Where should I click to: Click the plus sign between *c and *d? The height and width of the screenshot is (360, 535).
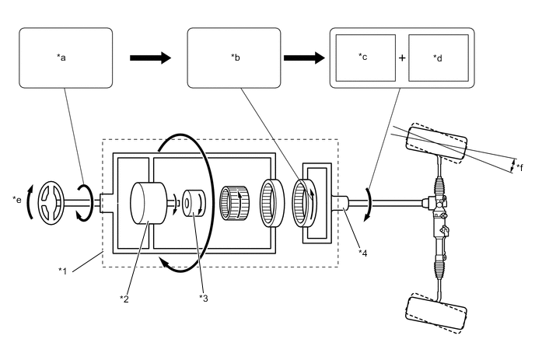(x=402, y=58)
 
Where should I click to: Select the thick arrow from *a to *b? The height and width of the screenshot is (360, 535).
(x=150, y=58)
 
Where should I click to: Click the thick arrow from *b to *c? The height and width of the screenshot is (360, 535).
(x=304, y=58)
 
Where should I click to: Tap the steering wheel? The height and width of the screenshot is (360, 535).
(x=51, y=203)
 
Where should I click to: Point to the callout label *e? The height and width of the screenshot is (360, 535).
(x=17, y=199)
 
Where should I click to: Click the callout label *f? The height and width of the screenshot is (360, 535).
(x=519, y=167)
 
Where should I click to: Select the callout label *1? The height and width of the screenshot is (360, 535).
(x=62, y=271)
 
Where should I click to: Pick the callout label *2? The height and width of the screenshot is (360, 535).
(x=124, y=299)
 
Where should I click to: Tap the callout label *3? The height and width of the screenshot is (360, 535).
(x=204, y=299)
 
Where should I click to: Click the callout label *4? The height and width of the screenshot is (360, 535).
(x=362, y=253)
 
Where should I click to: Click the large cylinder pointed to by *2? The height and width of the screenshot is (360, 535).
(x=149, y=203)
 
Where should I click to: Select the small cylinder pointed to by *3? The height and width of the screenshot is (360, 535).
(x=194, y=203)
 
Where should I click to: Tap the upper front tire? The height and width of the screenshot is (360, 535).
(x=436, y=143)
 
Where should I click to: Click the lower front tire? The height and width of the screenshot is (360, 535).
(x=436, y=313)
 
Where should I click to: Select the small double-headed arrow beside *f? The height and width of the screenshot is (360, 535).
(x=512, y=166)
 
